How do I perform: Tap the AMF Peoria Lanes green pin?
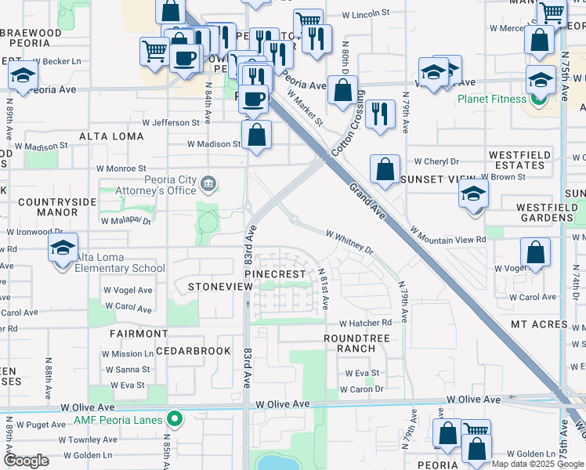click(175, 420)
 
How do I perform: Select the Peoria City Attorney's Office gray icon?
click(208, 185)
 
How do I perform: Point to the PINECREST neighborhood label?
click(274, 274)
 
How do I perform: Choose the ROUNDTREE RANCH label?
click(356, 343)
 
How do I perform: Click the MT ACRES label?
click(539, 324)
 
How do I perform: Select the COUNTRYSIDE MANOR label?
click(57, 207)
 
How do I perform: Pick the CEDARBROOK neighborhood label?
click(193, 351)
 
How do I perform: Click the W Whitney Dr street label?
click(350, 240)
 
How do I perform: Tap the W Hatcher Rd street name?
click(365, 323)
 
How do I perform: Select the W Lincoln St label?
click(367, 14)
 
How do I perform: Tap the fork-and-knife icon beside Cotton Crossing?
click(380, 113)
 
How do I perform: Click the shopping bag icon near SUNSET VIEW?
click(385, 169)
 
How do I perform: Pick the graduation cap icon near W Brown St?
click(473, 193)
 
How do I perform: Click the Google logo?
click(26, 461)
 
